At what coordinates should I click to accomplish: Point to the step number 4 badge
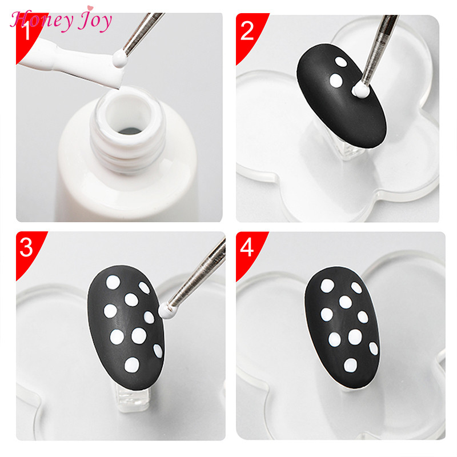click(247, 248)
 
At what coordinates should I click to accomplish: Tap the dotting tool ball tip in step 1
click(118, 59)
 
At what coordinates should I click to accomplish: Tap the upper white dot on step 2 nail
click(340, 62)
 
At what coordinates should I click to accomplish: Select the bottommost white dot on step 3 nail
click(131, 363)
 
